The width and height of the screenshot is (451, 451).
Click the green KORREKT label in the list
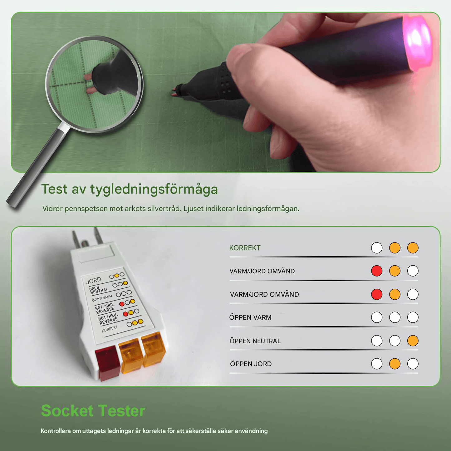tap(245, 248)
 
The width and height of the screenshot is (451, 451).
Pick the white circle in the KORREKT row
tap(377, 248)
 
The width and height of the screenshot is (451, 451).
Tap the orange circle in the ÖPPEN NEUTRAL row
tap(413, 341)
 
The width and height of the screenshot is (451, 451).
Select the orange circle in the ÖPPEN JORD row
tap(395, 364)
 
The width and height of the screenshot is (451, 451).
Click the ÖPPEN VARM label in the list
tap(250, 317)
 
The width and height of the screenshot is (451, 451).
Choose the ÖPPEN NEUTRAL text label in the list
tap(255, 341)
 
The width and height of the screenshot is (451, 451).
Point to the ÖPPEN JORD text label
tap(251, 364)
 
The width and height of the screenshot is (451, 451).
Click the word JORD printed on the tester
tap(94, 280)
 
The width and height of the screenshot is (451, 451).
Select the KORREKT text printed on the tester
tap(110, 329)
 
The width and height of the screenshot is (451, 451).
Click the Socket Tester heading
tap(93, 411)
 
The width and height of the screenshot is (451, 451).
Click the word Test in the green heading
tap(54, 189)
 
